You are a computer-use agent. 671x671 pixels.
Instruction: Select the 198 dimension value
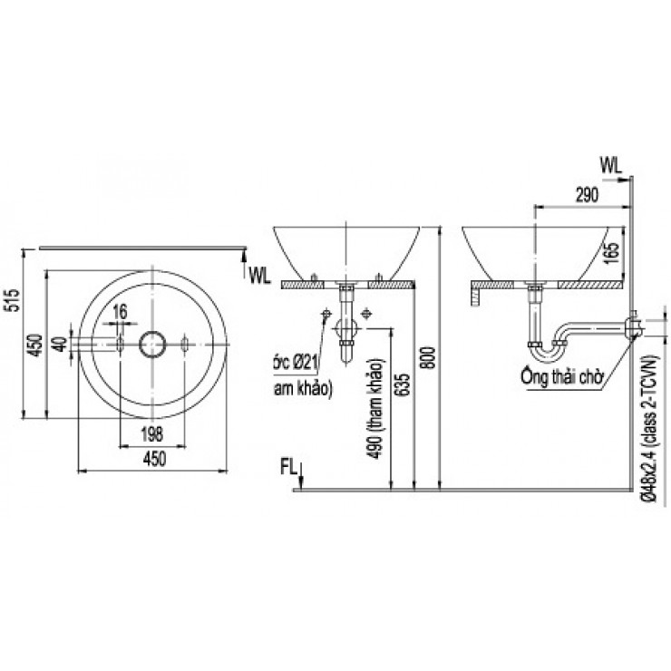pyautogui.click(x=151, y=432)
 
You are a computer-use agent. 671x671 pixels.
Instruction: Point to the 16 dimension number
pyautogui.click(x=119, y=313)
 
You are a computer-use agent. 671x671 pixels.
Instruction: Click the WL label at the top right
pyautogui.click(x=610, y=164)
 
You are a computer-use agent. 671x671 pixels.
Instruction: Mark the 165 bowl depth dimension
pyautogui.click(x=613, y=251)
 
